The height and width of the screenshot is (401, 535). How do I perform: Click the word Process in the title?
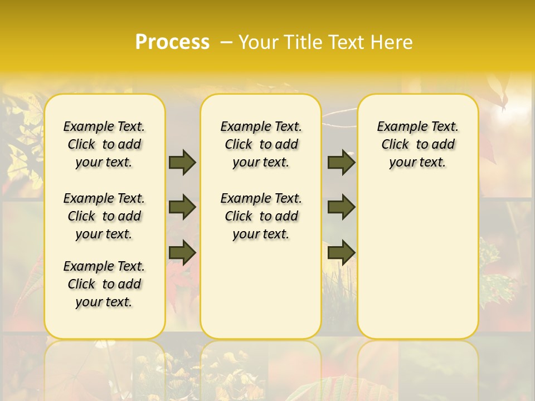tap(172, 42)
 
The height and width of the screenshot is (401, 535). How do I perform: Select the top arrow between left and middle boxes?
tap(182, 162)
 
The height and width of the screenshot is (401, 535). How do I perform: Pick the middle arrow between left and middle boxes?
tap(182, 208)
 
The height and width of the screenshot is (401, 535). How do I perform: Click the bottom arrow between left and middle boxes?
tap(182, 253)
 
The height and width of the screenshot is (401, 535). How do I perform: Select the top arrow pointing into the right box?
tap(341, 162)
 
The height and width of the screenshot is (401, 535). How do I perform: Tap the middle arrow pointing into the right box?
tap(341, 208)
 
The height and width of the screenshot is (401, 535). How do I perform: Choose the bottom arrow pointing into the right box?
tap(341, 253)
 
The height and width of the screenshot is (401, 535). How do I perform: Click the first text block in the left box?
tap(104, 144)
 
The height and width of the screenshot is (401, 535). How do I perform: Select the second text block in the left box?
tap(104, 216)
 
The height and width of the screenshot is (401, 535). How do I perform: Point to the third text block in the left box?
tap(104, 284)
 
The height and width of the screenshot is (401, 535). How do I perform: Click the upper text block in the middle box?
tap(261, 144)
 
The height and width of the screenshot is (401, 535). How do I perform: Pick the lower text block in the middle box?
tap(261, 216)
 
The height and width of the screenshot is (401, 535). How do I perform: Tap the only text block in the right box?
tap(418, 144)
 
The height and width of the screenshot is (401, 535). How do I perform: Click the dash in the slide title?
tap(226, 42)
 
